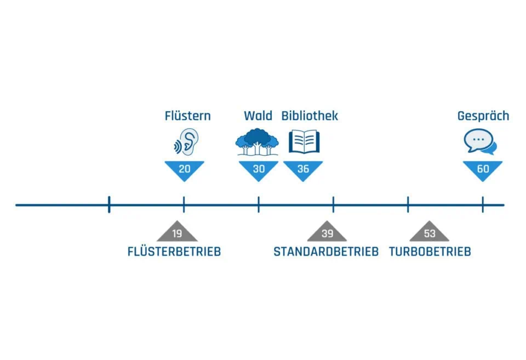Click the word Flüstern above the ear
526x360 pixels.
click(187, 116)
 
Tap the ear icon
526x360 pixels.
click(185, 141)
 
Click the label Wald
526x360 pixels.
click(258, 116)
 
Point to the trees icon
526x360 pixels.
click(257, 141)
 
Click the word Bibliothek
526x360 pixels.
click(310, 116)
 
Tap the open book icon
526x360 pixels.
click(304, 141)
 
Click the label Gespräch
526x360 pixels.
click(483, 116)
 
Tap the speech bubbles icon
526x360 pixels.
click(480, 142)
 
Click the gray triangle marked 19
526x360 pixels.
click(177, 233)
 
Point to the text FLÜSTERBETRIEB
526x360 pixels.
click(174, 252)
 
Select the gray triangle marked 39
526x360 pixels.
click(327, 233)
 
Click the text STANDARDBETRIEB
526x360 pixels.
click(326, 252)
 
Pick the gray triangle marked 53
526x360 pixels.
click(430, 233)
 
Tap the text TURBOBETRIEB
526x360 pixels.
click(430, 252)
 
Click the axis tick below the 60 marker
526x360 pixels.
click(483, 205)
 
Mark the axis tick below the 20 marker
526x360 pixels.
click(184, 205)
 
